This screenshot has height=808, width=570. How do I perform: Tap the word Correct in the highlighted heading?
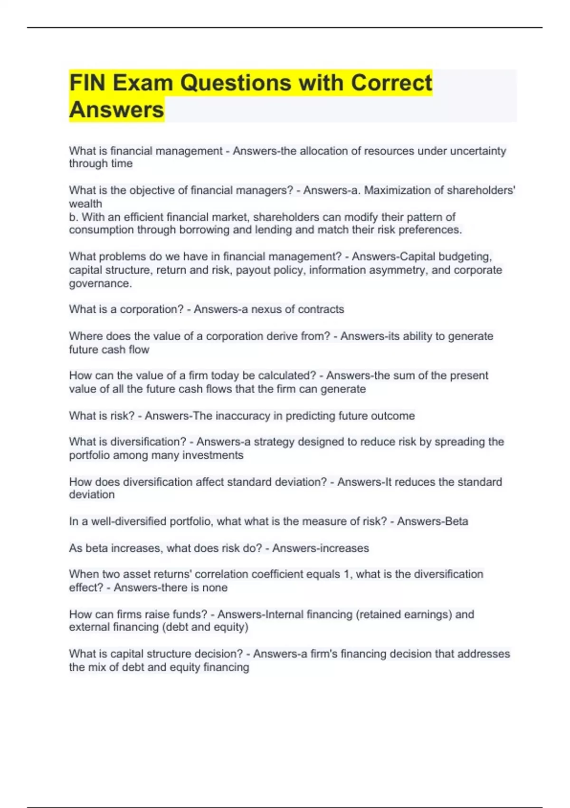pyautogui.click(x=391, y=83)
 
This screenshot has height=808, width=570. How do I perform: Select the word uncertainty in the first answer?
pyautogui.click(x=478, y=151)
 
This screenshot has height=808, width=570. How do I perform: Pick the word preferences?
pyautogui.click(x=430, y=230)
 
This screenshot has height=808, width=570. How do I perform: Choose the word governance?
pyautogui.click(x=100, y=284)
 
